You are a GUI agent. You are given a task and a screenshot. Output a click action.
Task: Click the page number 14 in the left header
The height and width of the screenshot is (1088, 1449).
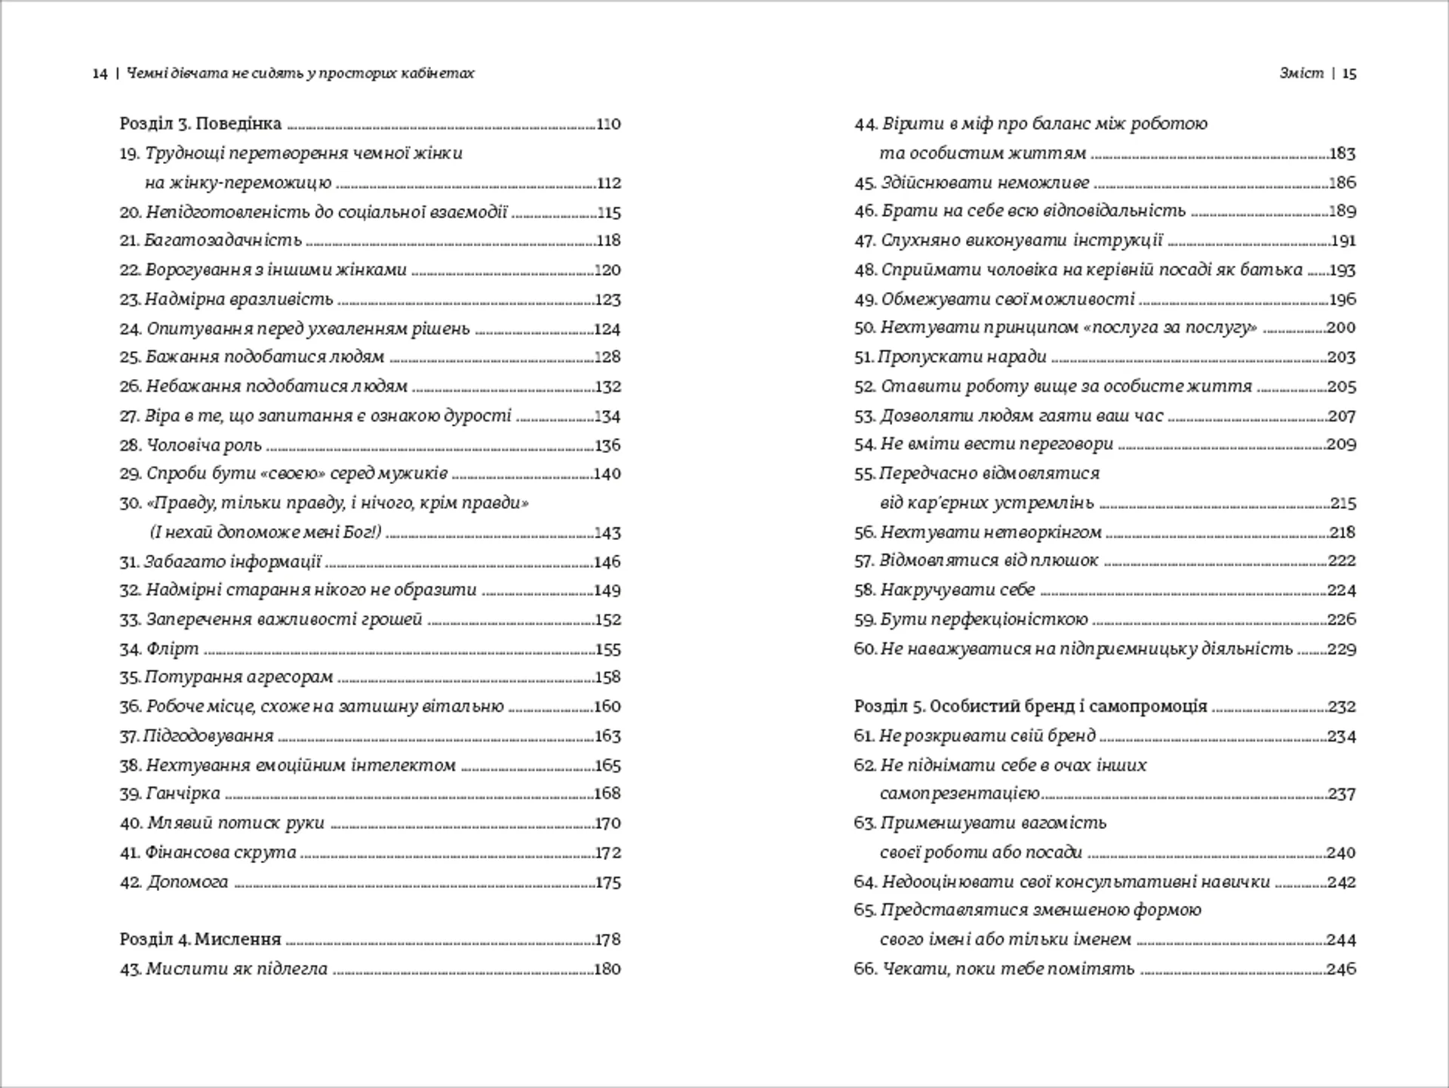(100, 74)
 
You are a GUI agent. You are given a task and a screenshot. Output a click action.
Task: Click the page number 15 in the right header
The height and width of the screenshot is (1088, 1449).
(1349, 74)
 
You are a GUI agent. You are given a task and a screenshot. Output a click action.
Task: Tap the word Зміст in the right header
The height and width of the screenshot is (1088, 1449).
(1301, 73)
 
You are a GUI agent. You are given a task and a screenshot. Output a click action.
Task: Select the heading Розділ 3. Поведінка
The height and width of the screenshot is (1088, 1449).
(200, 124)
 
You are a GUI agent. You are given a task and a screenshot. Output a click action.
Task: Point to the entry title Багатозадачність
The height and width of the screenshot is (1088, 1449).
(223, 241)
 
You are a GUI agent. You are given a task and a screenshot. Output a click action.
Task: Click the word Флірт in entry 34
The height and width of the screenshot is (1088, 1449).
(173, 649)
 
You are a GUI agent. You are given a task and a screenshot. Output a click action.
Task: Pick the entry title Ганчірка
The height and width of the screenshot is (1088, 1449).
(183, 794)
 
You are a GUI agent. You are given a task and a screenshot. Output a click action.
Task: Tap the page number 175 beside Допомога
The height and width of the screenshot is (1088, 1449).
(608, 883)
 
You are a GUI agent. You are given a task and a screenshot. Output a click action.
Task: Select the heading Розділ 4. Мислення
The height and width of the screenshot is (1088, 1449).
(200, 940)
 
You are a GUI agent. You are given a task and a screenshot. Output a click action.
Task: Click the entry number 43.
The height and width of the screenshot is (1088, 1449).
(130, 969)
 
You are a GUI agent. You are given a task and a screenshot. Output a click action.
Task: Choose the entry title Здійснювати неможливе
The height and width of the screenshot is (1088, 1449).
(985, 183)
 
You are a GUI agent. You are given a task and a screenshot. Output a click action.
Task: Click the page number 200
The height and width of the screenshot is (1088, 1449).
(1341, 328)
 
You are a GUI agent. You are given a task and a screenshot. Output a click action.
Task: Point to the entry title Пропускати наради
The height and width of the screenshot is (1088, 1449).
(962, 357)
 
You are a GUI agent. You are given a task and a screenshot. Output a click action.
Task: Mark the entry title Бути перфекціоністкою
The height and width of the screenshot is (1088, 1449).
(984, 620)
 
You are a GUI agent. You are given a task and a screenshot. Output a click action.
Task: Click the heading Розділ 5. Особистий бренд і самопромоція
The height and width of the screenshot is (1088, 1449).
(1030, 707)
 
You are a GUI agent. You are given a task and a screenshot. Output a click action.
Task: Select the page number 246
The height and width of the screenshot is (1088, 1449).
(1341, 969)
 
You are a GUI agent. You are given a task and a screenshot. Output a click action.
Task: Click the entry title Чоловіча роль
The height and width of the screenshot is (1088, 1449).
(204, 445)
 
